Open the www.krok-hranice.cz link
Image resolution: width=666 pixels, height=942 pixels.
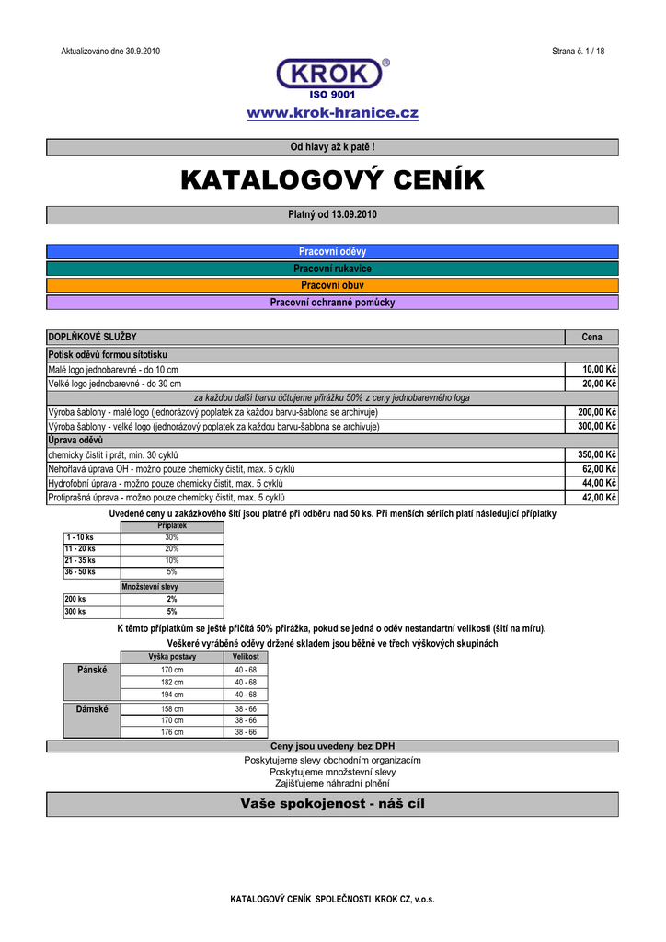[x=332, y=113]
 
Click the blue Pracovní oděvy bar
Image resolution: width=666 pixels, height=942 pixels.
[x=332, y=251]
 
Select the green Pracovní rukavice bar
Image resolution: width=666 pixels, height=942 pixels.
[x=332, y=269]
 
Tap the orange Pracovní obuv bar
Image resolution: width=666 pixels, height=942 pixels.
[x=332, y=285]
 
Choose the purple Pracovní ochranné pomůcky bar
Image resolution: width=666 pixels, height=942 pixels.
[x=332, y=302]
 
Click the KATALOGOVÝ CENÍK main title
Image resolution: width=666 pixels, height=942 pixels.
[x=332, y=180]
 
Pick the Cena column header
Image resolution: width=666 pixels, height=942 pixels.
[x=591, y=338]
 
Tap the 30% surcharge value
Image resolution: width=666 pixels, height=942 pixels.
[x=172, y=537]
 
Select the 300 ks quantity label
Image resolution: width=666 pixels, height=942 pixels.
[x=75, y=611]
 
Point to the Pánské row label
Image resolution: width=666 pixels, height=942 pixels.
[x=92, y=670]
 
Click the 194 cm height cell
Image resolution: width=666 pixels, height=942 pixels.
[x=172, y=695]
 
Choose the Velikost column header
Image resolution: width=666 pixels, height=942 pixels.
[x=246, y=657]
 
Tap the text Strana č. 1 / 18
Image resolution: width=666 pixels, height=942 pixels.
[x=578, y=52]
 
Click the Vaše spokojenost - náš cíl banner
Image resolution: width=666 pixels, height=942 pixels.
[x=332, y=804]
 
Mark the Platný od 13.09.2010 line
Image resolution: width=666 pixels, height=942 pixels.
[x=332, y=214]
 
